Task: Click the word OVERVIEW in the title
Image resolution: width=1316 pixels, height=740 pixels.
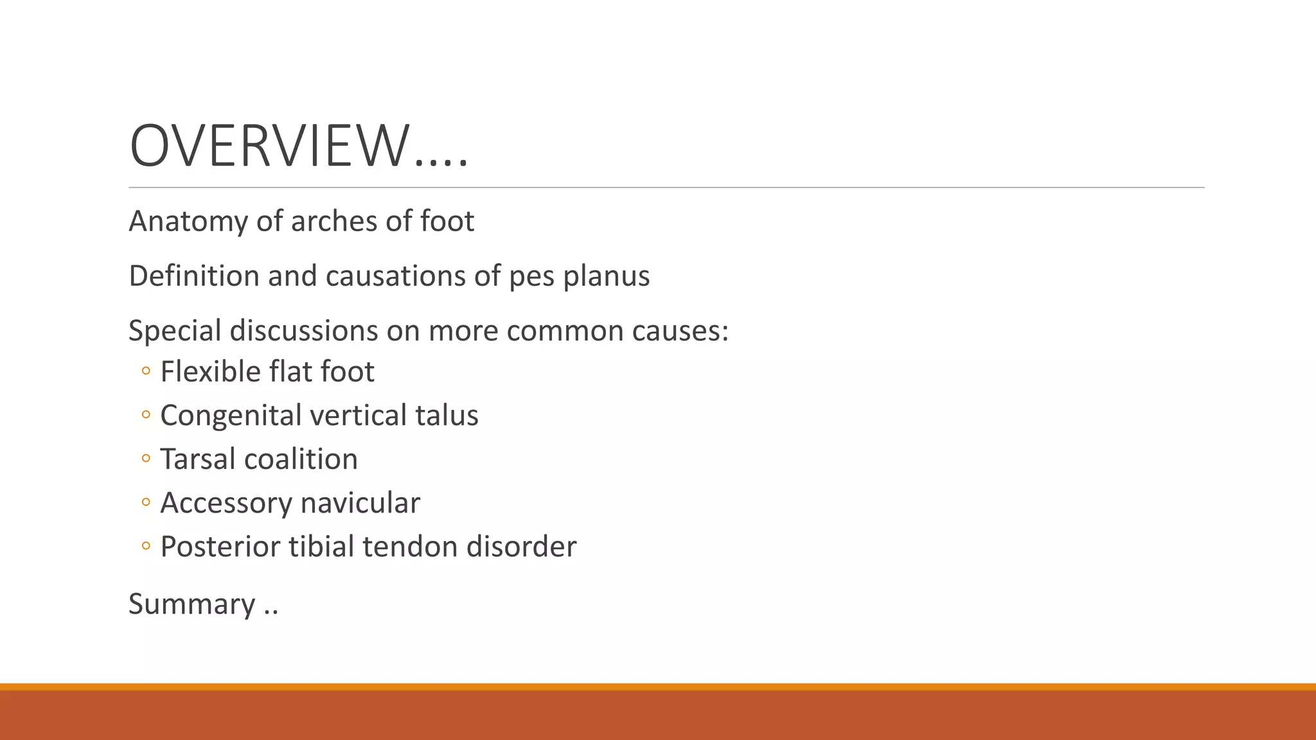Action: pos(269,146)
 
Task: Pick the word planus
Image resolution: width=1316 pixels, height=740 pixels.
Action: pos(607,276)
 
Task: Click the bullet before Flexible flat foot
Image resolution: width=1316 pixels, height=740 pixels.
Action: pos(146,371)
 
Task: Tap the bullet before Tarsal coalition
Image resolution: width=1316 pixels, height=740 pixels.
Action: pos(146,459)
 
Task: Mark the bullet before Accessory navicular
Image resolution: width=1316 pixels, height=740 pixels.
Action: pos(146,502)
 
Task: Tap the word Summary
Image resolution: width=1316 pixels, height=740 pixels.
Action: pos(192,604)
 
